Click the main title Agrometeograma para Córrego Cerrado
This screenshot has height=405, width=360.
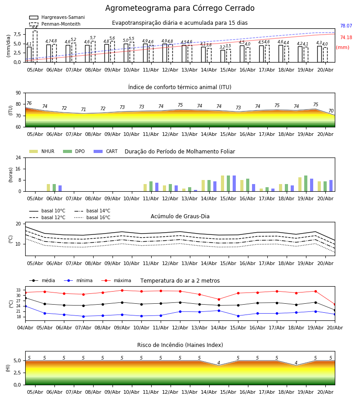[x=180, y=8]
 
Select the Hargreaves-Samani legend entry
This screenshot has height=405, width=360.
[x=57, y=17]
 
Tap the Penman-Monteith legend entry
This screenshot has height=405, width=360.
[x=55, y=24]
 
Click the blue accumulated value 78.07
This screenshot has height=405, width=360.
[x=346, y=26]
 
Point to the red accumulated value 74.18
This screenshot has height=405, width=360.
[x=346, y=37]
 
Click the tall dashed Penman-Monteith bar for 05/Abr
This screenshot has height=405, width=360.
[x=35, y=46]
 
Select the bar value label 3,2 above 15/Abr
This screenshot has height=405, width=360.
[x=222, y=47]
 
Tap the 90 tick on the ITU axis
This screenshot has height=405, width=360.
[x=18, y=93]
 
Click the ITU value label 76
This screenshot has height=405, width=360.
[x=29, y=103]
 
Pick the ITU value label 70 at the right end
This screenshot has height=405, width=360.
[x=331, y=111]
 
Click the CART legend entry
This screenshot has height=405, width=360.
[x=106, y=151]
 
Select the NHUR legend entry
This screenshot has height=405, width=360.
[x=42, y=151]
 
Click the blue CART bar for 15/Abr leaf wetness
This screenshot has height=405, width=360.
[x=234, y=184]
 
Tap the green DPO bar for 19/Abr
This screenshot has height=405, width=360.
[x=306, y=184]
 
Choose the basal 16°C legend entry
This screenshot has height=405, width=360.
[x=92, y=217]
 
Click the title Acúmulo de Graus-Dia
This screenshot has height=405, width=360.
[x=180, y=216]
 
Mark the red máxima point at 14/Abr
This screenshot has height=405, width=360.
[x=219, y=299]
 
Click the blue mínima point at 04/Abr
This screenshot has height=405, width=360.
[x=25, y=306]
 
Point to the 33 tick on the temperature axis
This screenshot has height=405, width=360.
[x=18, y=290]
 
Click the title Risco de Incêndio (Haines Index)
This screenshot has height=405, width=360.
[x=180, y=345]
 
